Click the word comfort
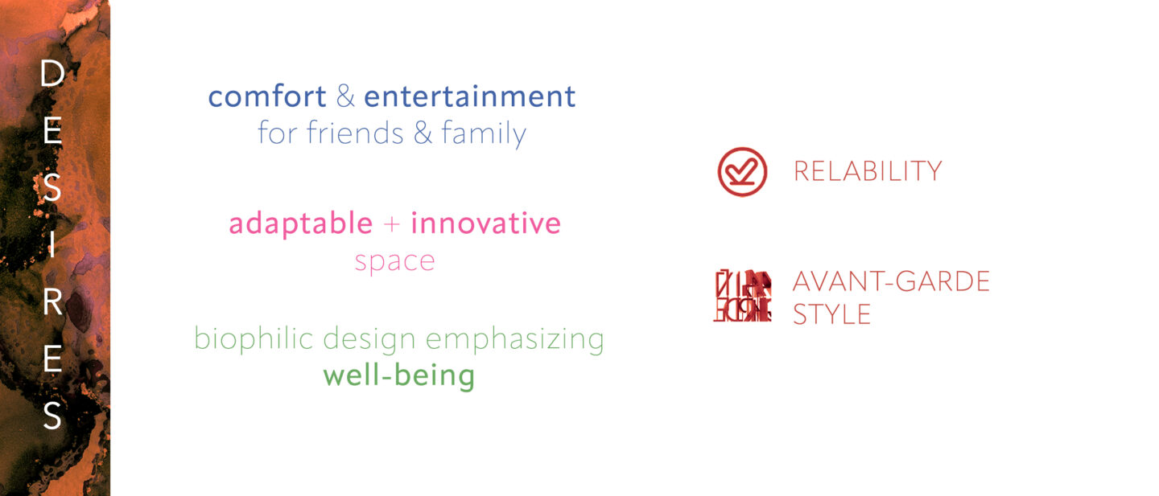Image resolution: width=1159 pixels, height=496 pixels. point(267,96)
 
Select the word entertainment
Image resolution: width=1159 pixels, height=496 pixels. point(470,96)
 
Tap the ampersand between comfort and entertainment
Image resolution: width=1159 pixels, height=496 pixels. point(345,96)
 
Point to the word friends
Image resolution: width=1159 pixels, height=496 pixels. point(355,133)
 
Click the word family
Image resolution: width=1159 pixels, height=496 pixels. point(483,133)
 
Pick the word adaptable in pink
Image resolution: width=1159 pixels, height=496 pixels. point(301,223)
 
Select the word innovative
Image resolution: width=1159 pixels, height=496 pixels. point(486,223)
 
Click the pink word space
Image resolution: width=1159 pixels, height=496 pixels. point(394,262)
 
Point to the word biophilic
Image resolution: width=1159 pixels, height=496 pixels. point(254,339)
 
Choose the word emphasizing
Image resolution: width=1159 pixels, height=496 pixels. point(515,340)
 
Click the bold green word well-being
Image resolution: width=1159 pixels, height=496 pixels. point(399,375)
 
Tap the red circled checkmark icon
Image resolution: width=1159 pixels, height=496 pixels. point(742,172)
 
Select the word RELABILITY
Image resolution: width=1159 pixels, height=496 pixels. point(868,171)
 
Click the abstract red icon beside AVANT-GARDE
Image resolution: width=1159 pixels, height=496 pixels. point(742,296)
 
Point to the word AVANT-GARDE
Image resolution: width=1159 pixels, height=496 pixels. point(891,281)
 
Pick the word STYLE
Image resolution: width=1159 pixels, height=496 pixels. point(832,314)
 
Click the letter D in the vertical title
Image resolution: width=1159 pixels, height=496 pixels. point(52,74)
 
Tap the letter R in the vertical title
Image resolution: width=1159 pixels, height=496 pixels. point(52,301)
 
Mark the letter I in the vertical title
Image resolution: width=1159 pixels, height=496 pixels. point(52,244)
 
